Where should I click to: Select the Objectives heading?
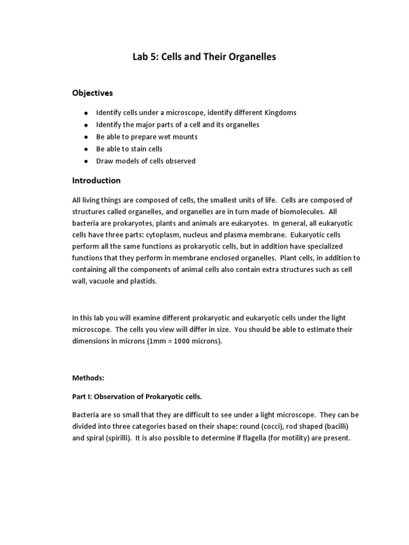[93, 93]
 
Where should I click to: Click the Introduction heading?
[96, 180]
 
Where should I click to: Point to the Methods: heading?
[88, 377]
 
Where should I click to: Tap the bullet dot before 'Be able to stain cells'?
[85, 149]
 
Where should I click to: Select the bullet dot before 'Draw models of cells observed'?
[85, 161]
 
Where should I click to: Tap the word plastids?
[144, 282]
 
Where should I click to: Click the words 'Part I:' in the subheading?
[84, 397]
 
